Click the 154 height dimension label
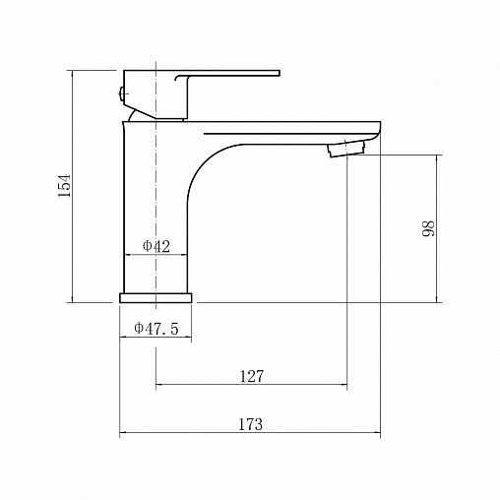point(64,185)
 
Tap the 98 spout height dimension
point(428,228)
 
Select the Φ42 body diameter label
point(156,246)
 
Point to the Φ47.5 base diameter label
point(156,328)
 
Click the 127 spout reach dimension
point(252,376)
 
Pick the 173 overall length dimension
point(250,424)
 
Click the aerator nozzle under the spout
point(345,149)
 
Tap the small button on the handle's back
point(121,94)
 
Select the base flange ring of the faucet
point(156,298)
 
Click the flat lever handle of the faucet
point(226,74)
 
